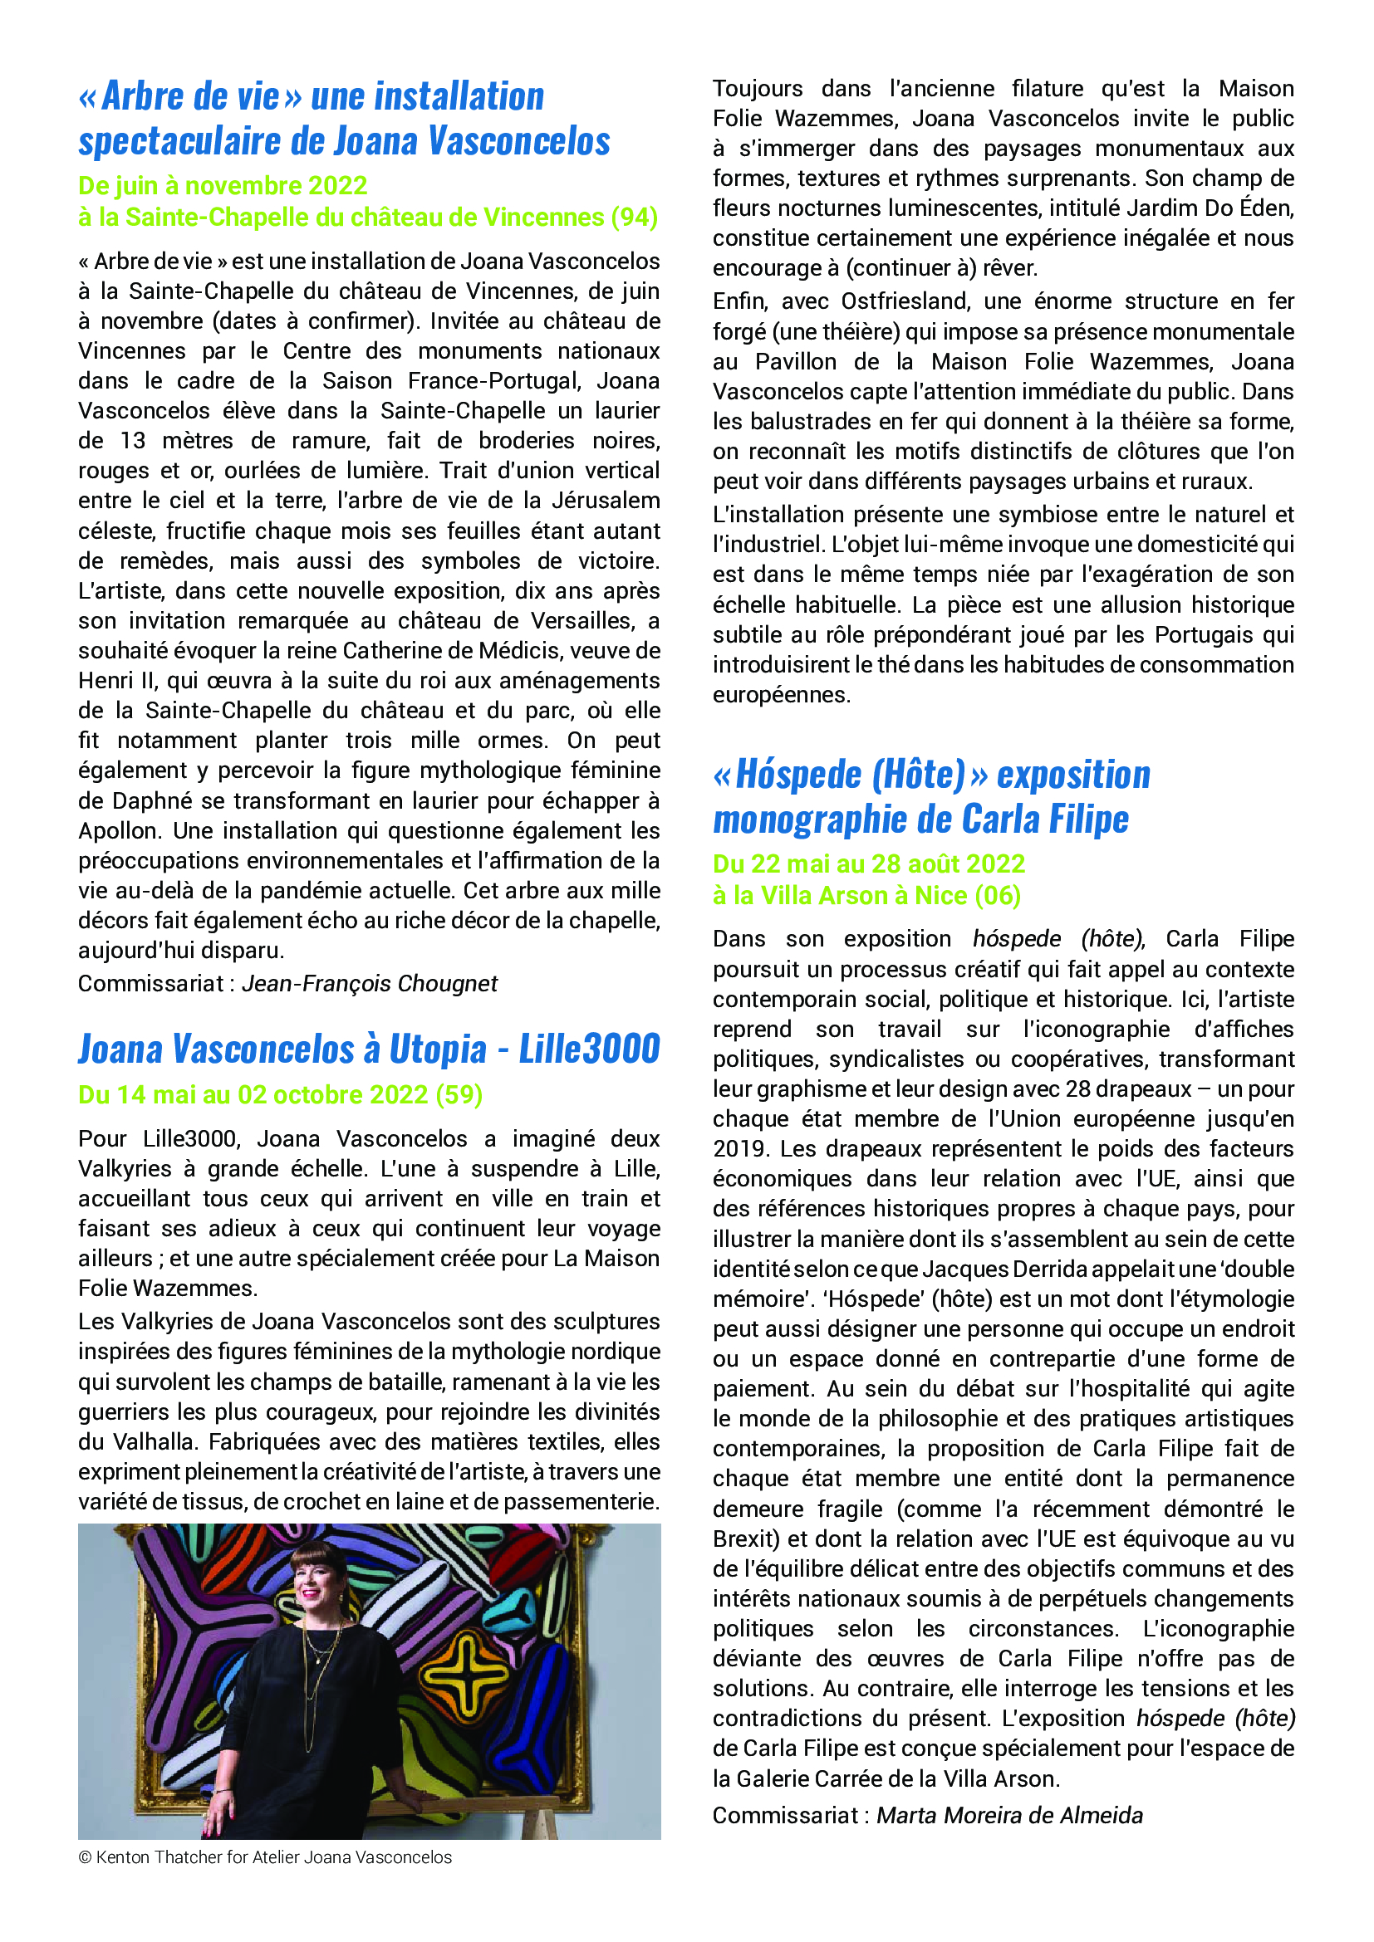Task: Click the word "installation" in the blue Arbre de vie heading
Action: coord(427,96)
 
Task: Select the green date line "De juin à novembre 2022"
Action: coord(223,185)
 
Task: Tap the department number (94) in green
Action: coord(635,218)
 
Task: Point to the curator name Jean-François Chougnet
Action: coord(370,984)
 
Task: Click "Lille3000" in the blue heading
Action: coord(589,1049)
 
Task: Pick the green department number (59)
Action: coord(459,1094)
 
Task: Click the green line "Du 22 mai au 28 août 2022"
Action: coord(869,863)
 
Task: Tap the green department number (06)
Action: coord(998,896)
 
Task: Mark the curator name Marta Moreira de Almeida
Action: coord(1009,1815)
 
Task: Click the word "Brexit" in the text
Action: coord(746,1538)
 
